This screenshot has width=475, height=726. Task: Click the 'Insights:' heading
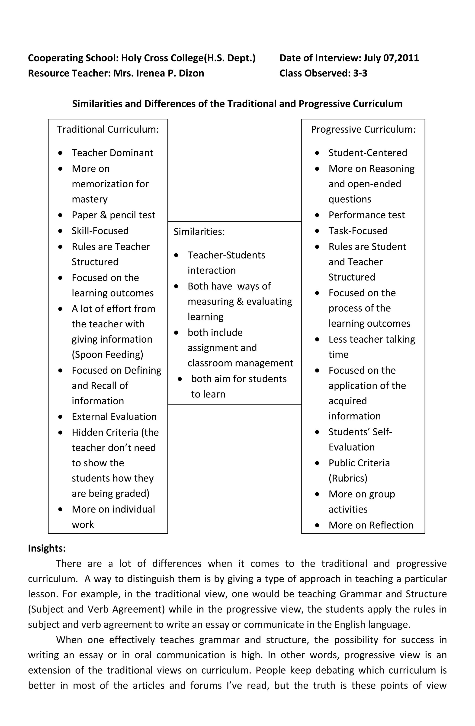coord(47,548)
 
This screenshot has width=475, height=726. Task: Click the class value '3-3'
coord(360,73)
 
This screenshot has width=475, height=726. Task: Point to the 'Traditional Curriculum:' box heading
coord(108,129)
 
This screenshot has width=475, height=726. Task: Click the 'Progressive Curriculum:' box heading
coord(363,129)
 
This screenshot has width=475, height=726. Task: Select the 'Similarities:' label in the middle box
coord(199,232)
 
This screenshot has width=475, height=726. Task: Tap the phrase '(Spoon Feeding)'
coord(107,354)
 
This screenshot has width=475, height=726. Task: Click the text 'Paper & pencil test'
coord(113,215)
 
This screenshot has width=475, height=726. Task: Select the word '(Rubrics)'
coord(348,478)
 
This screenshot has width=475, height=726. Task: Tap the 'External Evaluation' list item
coord(114,417)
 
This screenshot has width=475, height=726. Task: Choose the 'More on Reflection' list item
coord(371,525)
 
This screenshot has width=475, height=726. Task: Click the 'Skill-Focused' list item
coord(100,231)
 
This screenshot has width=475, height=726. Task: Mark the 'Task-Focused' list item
coord(358,231)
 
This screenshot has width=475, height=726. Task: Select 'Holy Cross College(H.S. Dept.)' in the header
coord(188,58)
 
